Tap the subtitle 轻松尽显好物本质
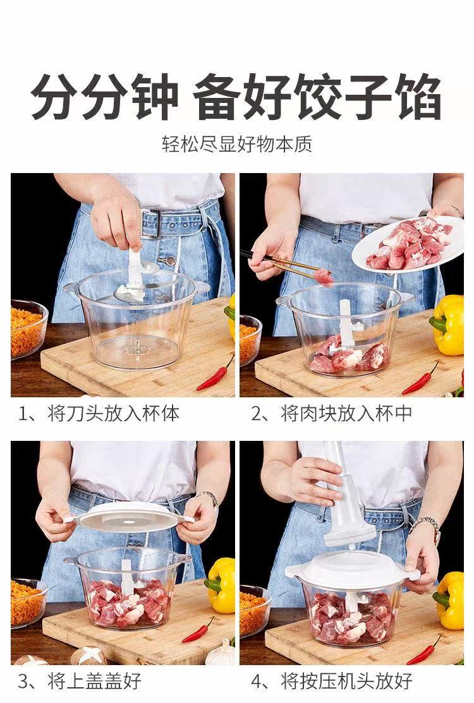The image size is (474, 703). click(237, 145)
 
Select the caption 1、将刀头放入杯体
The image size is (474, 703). click(99, 413)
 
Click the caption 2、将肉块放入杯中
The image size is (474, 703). click(331, 413)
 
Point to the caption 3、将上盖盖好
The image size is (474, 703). click(80, 681)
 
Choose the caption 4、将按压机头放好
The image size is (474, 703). click(331, 681)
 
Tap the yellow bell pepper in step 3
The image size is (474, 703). click(220, 585)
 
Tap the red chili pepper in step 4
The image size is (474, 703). click(424, 649)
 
